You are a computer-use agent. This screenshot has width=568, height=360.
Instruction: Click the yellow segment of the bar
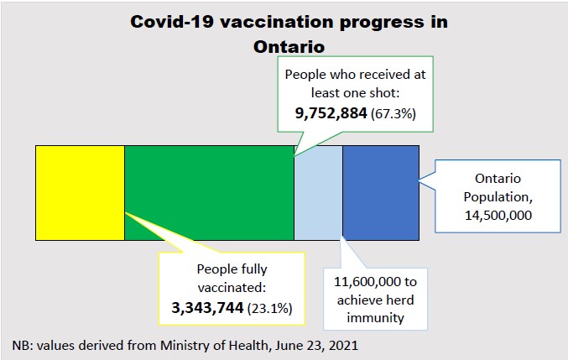(80, 192)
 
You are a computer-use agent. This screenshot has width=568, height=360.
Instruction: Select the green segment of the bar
(209, 192)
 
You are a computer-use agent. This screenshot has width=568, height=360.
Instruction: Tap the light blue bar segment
(318, 192)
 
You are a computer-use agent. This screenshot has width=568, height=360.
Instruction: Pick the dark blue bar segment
(380, 192)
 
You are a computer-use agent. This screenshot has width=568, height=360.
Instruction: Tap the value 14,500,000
(498, 216)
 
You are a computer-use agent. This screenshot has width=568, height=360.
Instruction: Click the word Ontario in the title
(289, 47)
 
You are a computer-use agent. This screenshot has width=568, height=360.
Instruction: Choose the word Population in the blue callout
(498, 197)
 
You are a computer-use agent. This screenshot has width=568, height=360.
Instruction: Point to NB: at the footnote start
(22, 345)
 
